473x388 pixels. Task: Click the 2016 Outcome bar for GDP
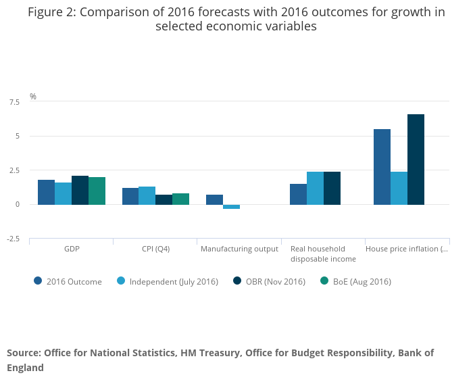46,192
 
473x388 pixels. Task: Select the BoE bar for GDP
97,191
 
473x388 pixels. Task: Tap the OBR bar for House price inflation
416,160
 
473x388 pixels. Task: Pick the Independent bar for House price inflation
399,188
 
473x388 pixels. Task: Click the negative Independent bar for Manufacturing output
231,206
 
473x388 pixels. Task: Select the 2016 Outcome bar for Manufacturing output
214,199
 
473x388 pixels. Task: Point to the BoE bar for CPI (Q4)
180,199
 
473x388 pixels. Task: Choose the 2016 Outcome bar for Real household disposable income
298,194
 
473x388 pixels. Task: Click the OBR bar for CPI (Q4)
164,199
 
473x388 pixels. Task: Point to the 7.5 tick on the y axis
14,102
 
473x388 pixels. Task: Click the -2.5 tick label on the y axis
14,239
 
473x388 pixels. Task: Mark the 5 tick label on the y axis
18,136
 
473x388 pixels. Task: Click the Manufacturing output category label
239,249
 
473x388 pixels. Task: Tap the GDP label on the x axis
72,249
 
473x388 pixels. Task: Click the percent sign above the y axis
33,97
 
